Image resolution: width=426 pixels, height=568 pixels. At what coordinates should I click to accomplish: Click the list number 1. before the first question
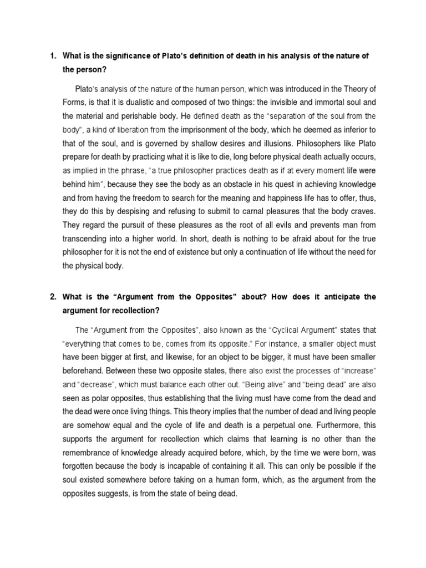click(x=53, y=56)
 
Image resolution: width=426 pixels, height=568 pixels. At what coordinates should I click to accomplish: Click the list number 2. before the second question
click(x=53, y=297)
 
